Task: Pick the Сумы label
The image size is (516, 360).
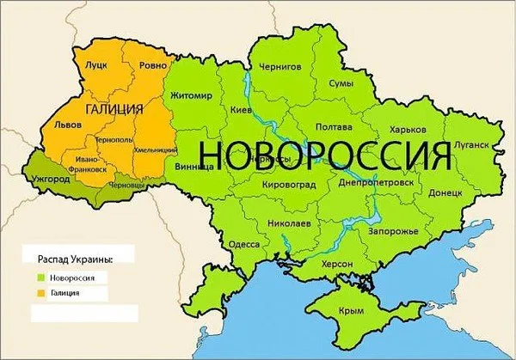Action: point(342,83)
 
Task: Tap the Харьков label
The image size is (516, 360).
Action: point(408,129)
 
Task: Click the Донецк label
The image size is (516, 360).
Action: point(445,193)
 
